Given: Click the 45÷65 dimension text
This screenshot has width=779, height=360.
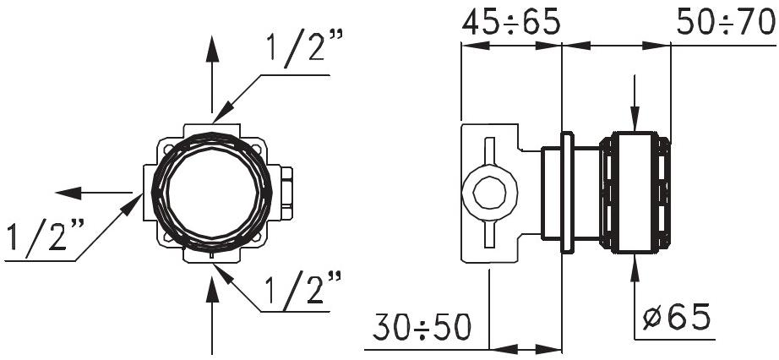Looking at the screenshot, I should pos(510,23).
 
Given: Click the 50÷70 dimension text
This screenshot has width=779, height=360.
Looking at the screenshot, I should pos(726,23).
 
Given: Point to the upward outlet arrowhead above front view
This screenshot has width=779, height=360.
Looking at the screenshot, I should pos(211,49).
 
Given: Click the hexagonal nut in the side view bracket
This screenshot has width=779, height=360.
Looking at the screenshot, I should pos(489,193).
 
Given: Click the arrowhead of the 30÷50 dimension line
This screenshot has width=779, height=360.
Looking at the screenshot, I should pos(502,347).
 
